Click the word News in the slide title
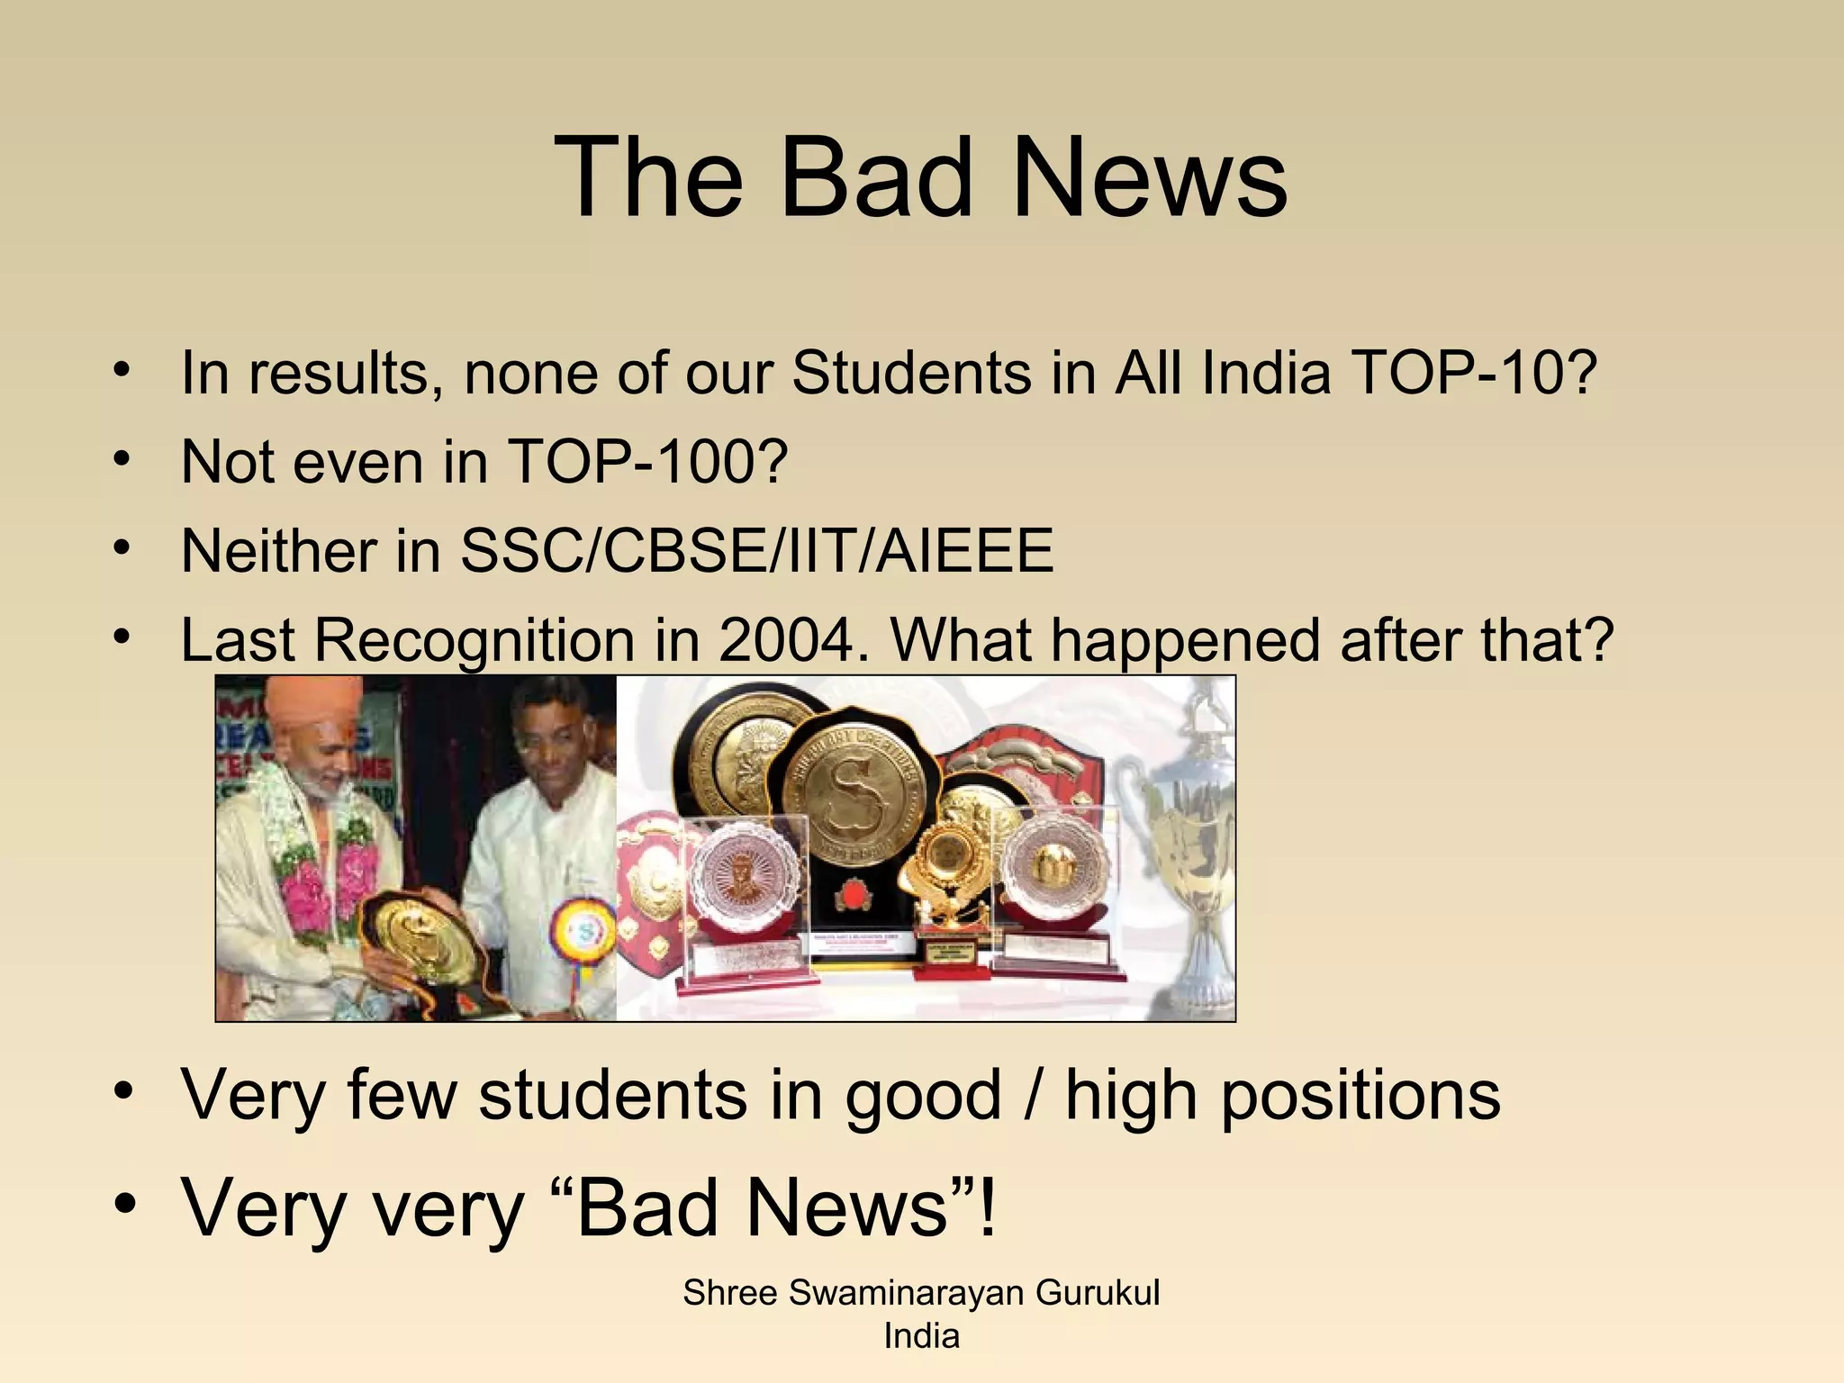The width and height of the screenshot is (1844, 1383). [1150, 177]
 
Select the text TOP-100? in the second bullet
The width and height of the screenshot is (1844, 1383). [647, 461]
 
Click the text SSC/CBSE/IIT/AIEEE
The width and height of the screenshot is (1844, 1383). [756, 550]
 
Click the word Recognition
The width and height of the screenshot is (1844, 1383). [475, 641]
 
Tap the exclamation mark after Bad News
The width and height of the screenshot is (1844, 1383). [988, 1207]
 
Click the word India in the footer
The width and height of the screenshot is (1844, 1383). [921, 1335]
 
